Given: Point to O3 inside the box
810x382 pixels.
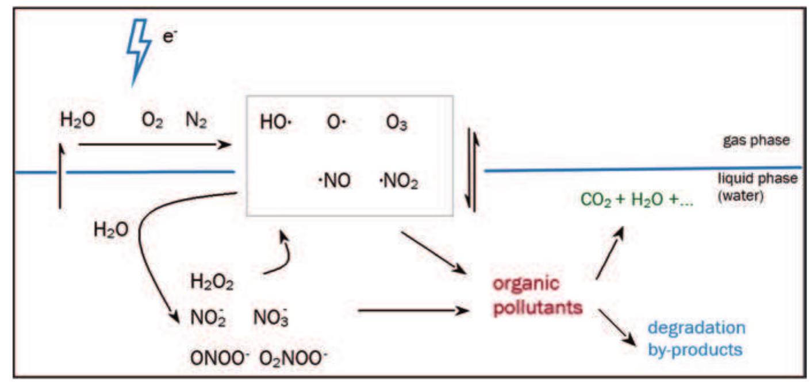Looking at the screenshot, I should pyautogui.click(x=396, y=124).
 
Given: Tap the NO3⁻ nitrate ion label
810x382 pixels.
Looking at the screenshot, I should pyautogui.click(x=270, y=317).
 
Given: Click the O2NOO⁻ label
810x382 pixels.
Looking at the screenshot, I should pyautogui.click(x=293, y=357).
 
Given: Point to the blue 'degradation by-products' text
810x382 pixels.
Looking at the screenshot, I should pyautogui.click(x=696, y=338).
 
